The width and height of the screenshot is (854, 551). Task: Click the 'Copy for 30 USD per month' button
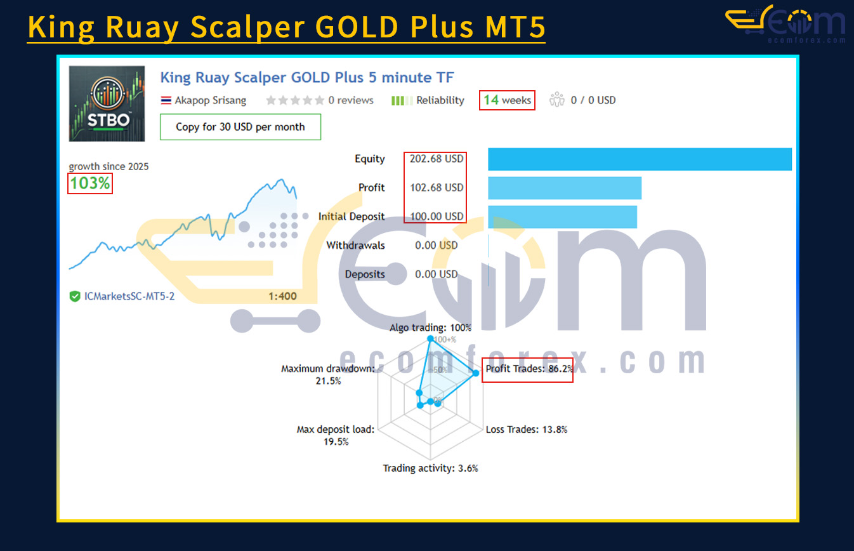(240, 127)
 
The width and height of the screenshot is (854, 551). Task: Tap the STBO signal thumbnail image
(107, 103)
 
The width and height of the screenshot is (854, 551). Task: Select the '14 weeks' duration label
(507, 100)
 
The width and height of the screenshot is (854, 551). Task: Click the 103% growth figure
(90, 183)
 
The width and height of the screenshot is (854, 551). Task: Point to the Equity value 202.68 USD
(437, 159)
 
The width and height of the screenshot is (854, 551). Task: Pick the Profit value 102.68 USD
(437, 188)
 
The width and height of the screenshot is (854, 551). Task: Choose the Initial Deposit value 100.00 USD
(437, 216)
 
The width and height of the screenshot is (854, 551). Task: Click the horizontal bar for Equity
(640, 159)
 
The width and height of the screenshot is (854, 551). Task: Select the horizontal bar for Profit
(565, 188)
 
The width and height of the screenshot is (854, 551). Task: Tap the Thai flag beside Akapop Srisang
(166, 100)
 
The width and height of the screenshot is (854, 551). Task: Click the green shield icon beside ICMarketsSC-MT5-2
(75, 296)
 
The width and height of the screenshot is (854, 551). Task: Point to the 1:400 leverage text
(282, 296)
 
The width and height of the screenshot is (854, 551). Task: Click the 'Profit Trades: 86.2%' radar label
(529, 369)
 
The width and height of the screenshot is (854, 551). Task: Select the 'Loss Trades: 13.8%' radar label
(527, 430)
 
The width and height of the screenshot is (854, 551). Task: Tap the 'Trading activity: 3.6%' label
(430, 468)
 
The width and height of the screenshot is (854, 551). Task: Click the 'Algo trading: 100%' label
(430, 328)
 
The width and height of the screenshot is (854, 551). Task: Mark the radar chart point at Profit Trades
(476, 373)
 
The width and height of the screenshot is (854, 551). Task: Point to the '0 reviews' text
(351, 100)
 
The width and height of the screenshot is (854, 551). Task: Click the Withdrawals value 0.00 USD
(437, 245)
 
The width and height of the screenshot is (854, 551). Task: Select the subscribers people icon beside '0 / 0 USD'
(556, 100)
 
